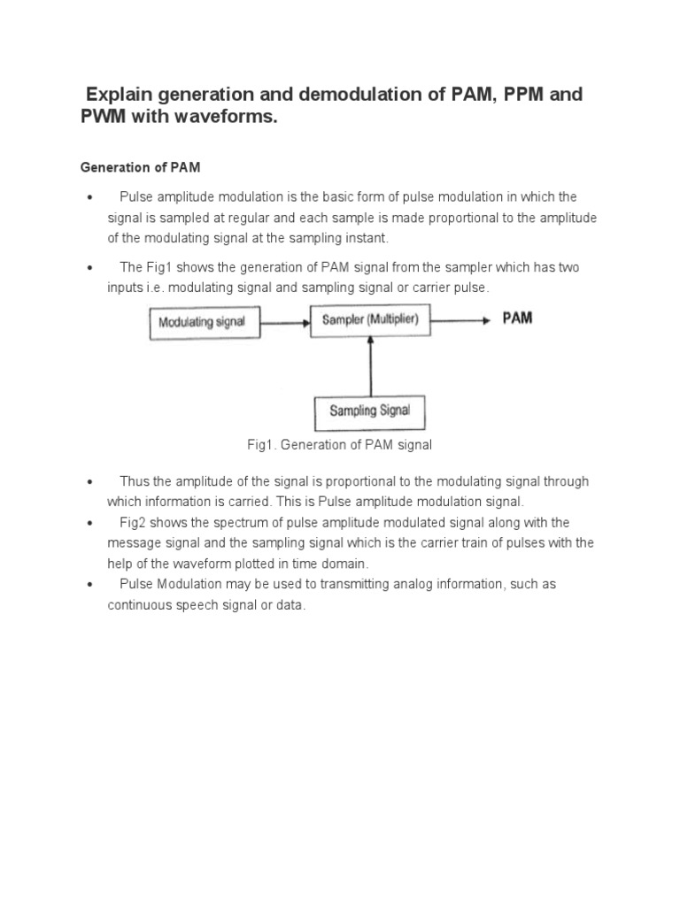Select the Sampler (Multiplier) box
point(370,319)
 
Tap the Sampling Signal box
point(369,411)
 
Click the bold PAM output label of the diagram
point(518,318)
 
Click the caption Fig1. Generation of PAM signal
point(339,445)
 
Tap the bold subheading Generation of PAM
point(134,166)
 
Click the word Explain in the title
point(121,94)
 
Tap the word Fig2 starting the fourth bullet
point(134,522)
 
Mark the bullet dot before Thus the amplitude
point(90,482)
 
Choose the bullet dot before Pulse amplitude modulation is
point(90,197)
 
